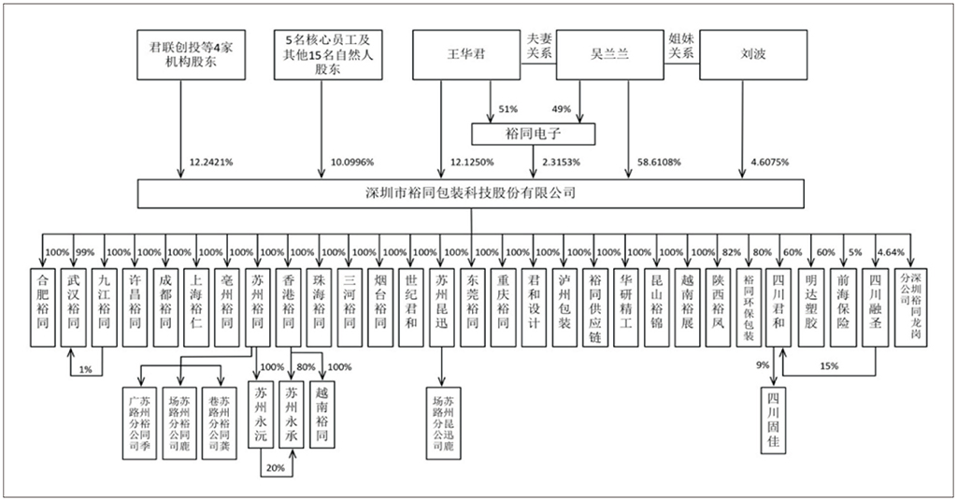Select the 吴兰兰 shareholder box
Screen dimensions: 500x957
[610, 54]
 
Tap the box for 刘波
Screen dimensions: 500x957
[751, 54]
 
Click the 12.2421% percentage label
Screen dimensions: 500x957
[211, 161]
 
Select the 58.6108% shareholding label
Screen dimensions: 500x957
[658, 161]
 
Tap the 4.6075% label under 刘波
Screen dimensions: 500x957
[769, 161]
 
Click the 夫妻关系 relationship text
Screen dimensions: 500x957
[539, 46]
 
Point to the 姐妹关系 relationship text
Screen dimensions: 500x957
[680, 46]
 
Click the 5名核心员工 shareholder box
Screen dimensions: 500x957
[328, 53]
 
